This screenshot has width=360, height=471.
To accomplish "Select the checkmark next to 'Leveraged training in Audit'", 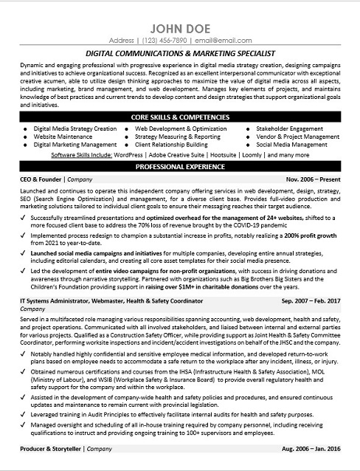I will (x=24, y=416).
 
